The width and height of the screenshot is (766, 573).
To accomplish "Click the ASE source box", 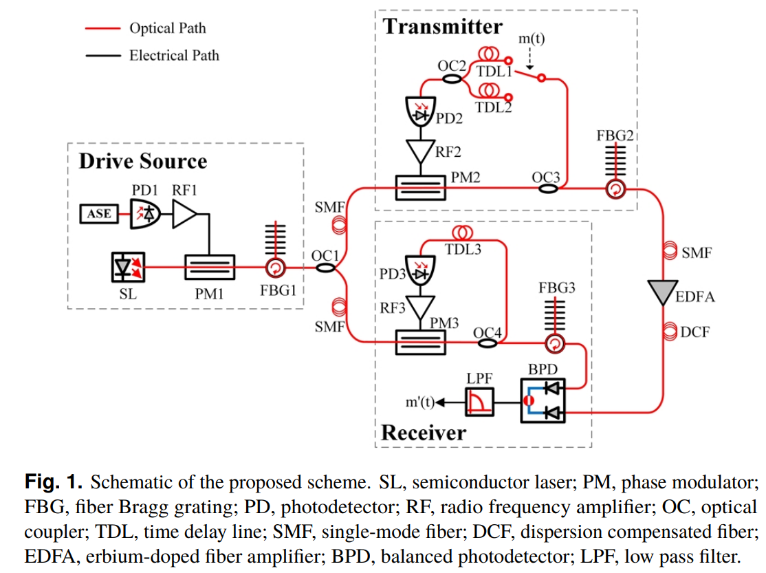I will (x=99, y=214).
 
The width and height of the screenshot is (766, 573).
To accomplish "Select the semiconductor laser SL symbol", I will (x=128, y=268).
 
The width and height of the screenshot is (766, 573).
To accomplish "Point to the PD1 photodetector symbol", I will (x=145, y=214).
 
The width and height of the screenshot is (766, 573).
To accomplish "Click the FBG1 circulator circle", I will (x=276, y=268).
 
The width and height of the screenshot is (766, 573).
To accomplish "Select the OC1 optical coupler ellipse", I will (x=326, y=268).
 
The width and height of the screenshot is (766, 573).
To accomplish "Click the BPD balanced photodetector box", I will (x=543, y=400).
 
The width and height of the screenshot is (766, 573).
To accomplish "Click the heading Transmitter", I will (x=443, y=28).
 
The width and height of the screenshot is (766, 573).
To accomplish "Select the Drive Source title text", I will (x=143, y=161).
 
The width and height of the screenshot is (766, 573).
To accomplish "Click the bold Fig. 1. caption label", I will (x=54, y=480).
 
